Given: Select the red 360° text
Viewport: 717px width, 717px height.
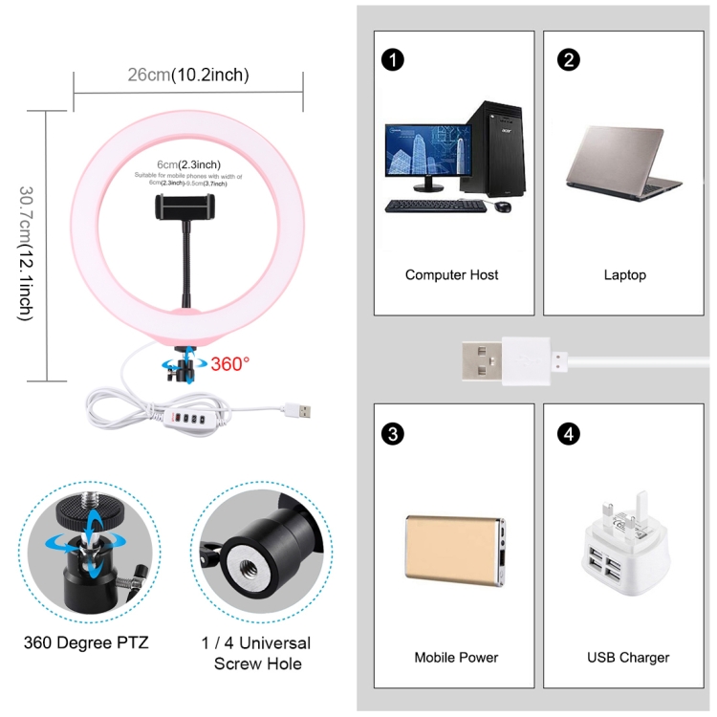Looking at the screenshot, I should click(229, 363).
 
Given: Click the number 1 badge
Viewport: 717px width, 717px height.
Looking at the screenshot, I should click(391, 60).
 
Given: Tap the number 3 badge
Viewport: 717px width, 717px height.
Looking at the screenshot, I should click(391, 434).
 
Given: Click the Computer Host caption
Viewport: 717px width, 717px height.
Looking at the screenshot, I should click(451, 275).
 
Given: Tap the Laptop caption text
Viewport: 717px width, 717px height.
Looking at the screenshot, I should click(624, 275).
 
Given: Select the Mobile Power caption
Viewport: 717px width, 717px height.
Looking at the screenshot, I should click(456, 658).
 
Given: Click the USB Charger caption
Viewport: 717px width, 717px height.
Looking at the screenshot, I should click(627, 658).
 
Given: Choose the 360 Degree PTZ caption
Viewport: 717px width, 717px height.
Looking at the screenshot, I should click(86, 642).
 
